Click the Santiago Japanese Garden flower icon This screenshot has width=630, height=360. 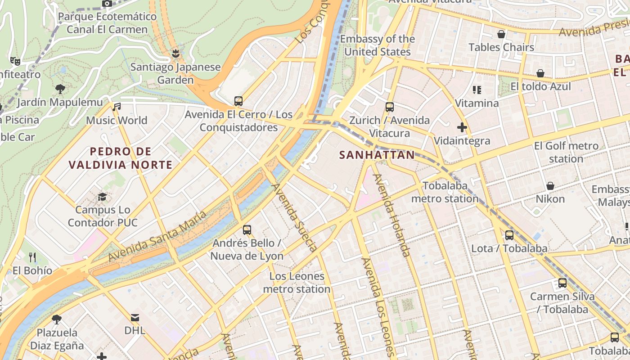tap(175, 54)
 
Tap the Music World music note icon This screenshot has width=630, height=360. tap(117, 107)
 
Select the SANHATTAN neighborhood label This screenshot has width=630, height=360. tap(377, 155)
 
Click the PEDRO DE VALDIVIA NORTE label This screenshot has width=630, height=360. tap(121, 158)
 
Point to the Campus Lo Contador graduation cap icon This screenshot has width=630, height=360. tap(103, 197)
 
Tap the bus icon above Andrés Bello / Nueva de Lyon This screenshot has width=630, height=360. tap(247, 230)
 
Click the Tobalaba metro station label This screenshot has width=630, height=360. tap(445, 192)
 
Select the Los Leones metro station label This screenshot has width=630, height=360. tap(297, 283)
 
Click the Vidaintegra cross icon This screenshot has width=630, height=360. tap(462, 127)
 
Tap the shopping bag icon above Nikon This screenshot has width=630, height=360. tap(550, 186)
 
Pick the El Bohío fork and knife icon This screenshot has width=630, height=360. tap(32, 257)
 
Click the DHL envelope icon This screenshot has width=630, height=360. tap(135, 317)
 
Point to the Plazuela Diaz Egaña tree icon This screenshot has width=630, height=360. tap(57, 319)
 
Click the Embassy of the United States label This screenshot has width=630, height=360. tap(377, 45)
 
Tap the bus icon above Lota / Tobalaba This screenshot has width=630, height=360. tap(509, 235)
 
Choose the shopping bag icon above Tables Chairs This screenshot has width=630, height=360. tap(501, 34)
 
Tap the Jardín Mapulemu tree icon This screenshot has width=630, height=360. tap(60, 89)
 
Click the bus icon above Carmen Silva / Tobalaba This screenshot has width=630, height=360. tap(562, 283)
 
